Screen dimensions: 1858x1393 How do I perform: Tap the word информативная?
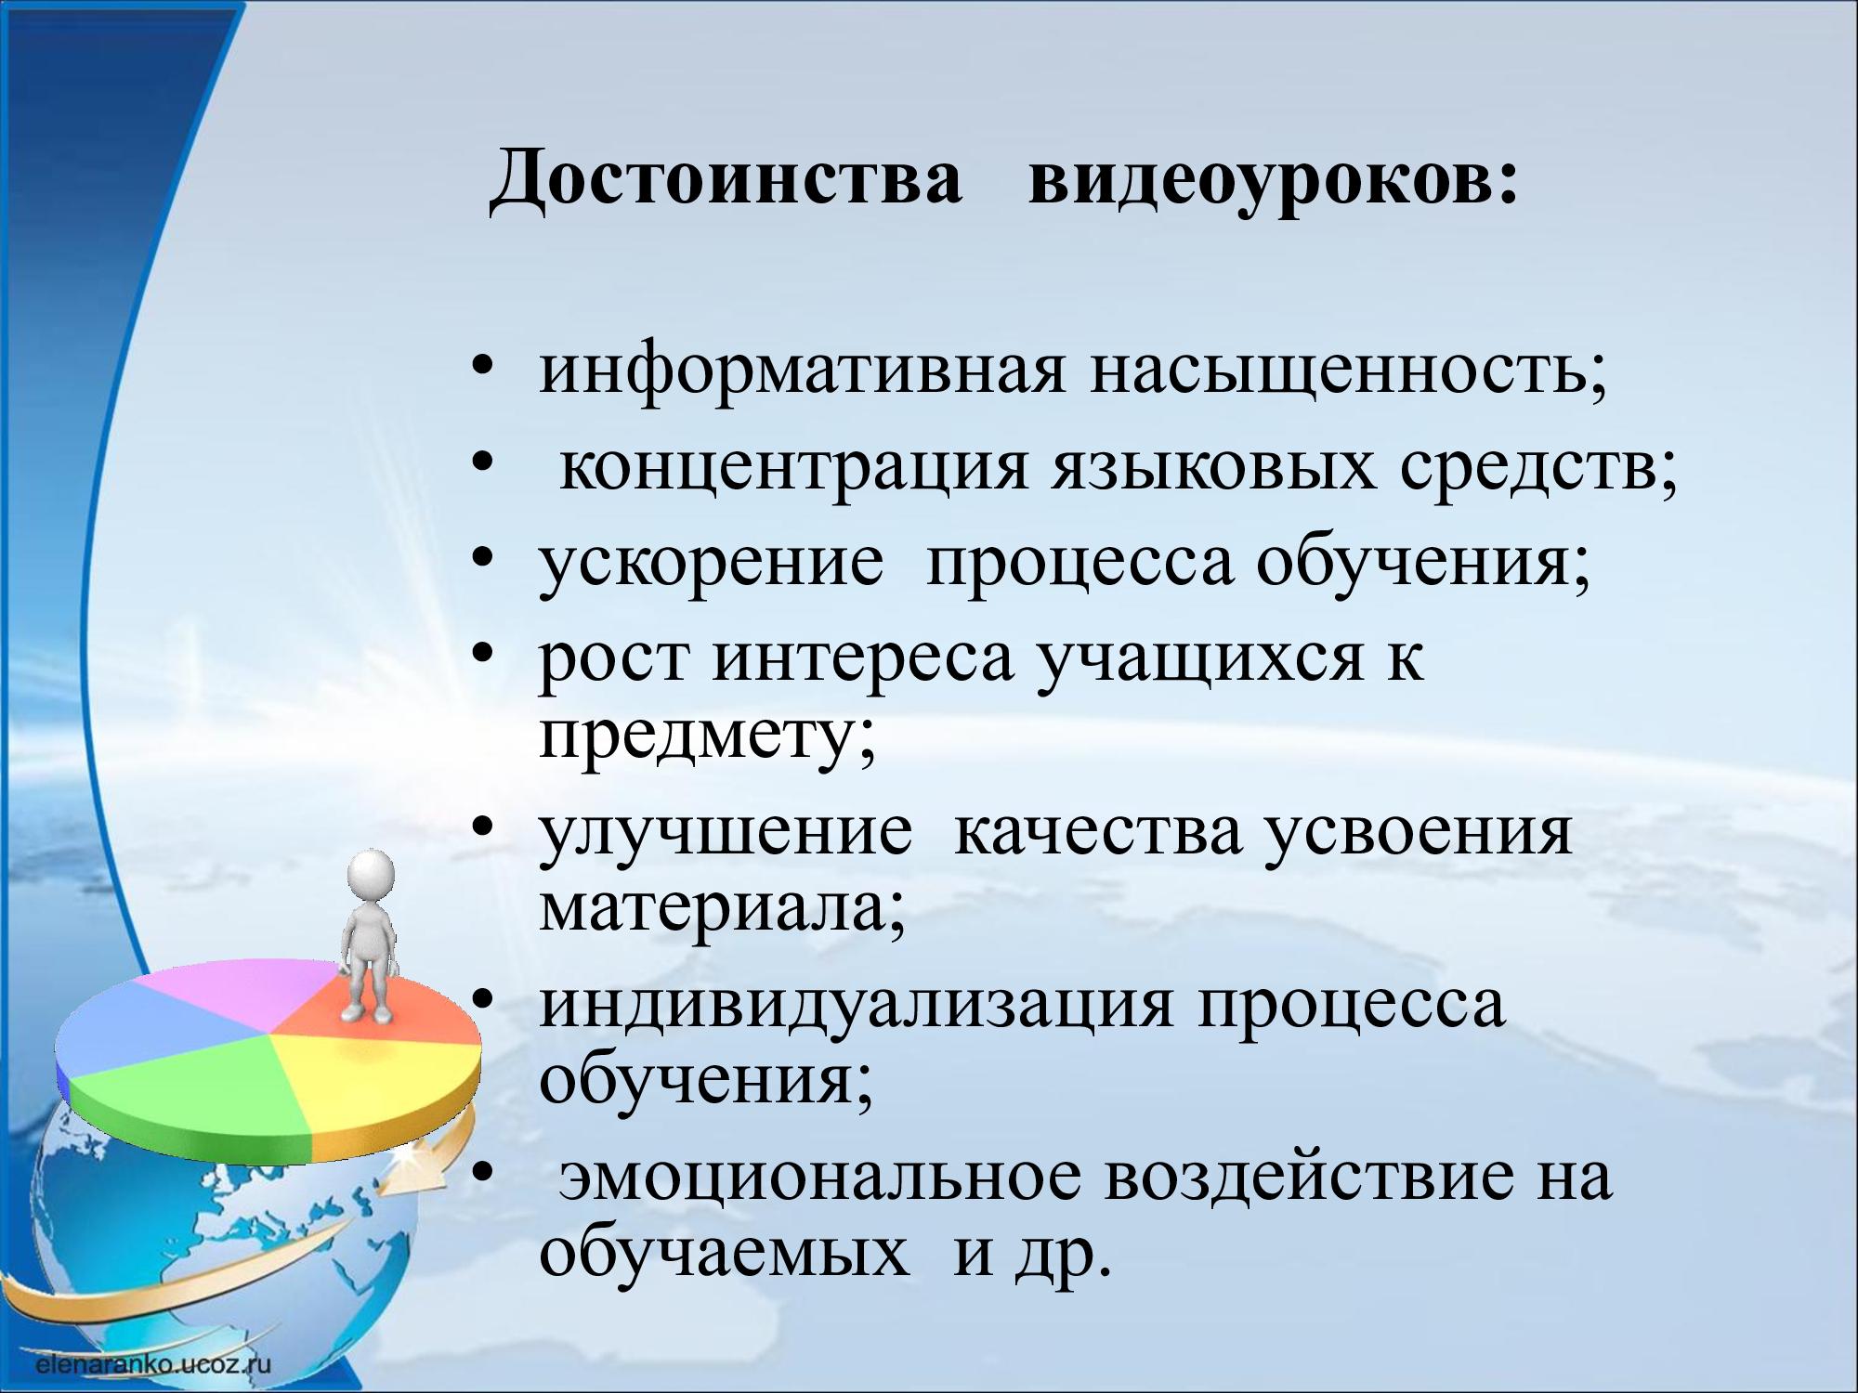800,372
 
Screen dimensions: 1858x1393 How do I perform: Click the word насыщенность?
1348,372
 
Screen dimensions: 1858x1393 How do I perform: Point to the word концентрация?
794,470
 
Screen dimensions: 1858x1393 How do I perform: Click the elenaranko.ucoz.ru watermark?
153,1363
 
